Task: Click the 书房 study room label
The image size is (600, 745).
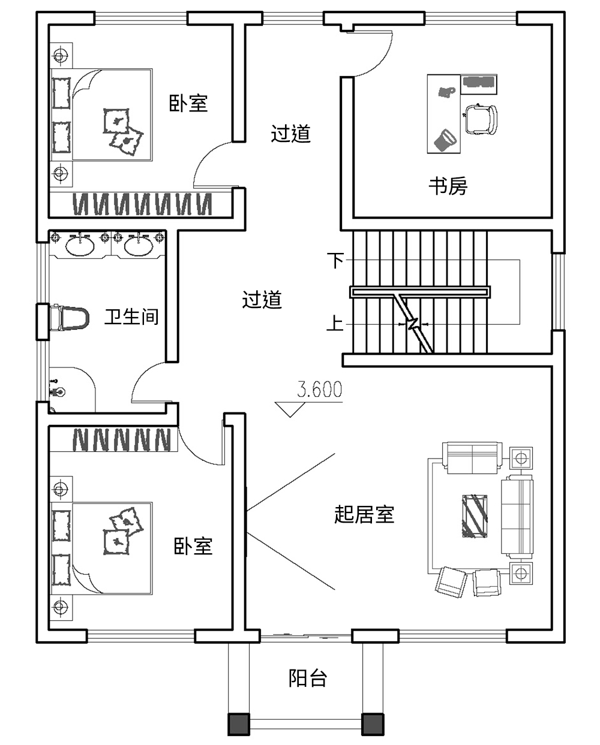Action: [x=448, y=186]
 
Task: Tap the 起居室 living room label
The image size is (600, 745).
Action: [x=364, y=514]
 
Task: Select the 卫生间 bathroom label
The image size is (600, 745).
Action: [x=131, y=316]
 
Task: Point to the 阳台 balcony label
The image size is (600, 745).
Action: [x=308, y=678]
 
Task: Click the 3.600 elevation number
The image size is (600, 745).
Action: [x=320, y=390]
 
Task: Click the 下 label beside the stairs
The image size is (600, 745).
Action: [x=335, y=260]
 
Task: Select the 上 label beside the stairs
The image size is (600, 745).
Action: [x=335, y=324]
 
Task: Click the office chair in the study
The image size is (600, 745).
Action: [x=481, y=119]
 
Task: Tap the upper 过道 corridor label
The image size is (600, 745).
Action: [x=290, y=133]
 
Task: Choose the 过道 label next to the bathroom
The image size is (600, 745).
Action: [x=262, y=299]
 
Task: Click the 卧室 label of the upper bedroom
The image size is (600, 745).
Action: [x=188, y=103]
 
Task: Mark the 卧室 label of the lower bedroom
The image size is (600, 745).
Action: [x=193, y=546]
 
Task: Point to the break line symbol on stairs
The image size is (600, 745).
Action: [x=413, y=324]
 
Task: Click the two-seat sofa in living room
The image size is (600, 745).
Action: [x=472, y=458]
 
